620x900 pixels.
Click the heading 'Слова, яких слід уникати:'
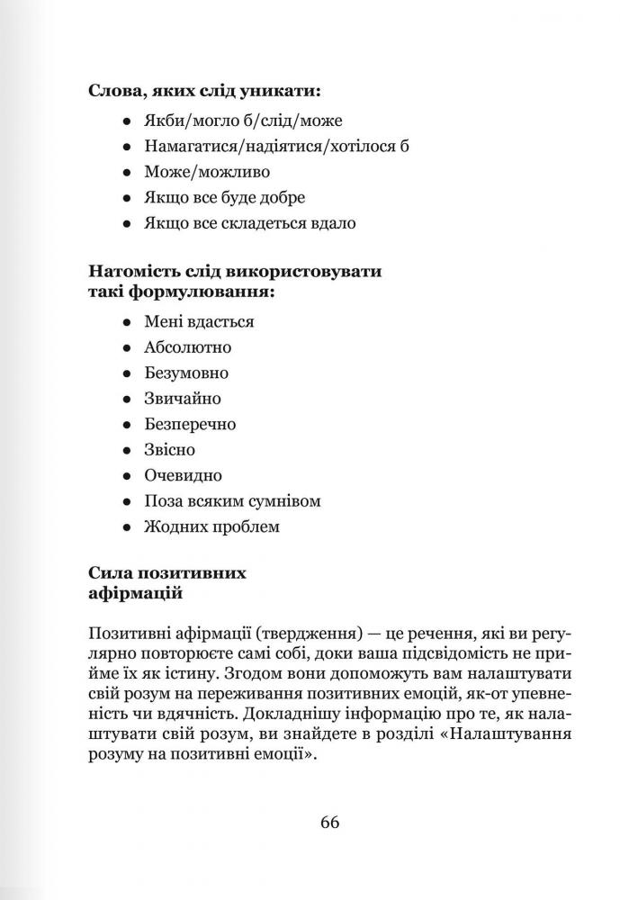click(x=205, y=90)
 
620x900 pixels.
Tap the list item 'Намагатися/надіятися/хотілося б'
click(x=276, y=145)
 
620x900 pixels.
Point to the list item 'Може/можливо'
click(x=206, y=171)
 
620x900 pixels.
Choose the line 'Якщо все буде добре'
click(x=224, y=197)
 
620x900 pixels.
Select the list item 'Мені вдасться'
click(x=199, y=320)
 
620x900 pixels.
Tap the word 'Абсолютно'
click(x=187, y=346)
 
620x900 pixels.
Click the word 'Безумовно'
click(x=186, y=373)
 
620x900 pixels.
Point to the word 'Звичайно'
click(x=183, y=398)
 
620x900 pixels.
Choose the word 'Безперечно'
click(x=190, y=424)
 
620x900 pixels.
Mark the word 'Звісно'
click(x=169, y=449)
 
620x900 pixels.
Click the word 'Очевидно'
click(x=183, y=475)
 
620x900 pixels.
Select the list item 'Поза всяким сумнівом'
click(x=232, y=501)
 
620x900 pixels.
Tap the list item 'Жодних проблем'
click(x=211, y=526)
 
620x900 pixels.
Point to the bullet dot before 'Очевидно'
click(x=128, y=476)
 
